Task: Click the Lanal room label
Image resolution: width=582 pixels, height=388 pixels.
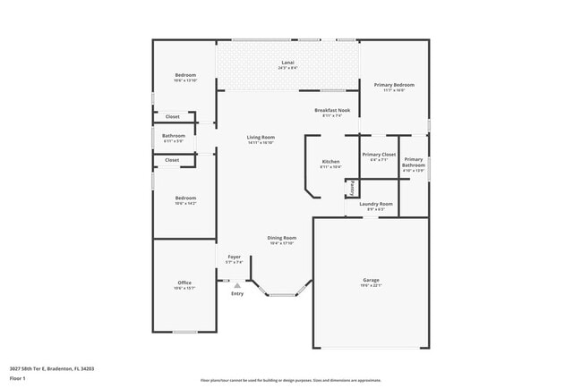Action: (x=287, y=63)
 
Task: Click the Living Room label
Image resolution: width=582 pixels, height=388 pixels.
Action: (x=261, y=137)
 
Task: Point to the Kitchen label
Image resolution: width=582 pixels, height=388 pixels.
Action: (x=330, y=162)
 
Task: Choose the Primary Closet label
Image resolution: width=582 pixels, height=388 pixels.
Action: (x=379, y=155)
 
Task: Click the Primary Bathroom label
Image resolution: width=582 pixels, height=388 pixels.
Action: (x=414, y=162)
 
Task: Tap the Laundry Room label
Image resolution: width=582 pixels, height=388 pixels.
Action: (x=376, y=204)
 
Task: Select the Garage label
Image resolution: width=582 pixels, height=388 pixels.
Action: (x=371, y=280)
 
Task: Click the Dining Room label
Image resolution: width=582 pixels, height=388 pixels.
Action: (x=282, y=238)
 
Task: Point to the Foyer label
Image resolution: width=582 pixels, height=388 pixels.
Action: (x=234, y=257)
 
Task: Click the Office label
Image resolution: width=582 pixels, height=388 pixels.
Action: (x=184, y=283)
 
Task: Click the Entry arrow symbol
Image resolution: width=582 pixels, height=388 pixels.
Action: (x=237, y=285)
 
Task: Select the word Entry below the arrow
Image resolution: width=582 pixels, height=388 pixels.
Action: (x=237, y=294)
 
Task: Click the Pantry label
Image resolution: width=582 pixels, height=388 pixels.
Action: (x=353, y=190)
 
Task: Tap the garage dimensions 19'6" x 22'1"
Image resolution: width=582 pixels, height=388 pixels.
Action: (x=371, y=286)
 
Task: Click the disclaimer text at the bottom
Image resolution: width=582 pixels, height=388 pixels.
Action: (x=290, y=379)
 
